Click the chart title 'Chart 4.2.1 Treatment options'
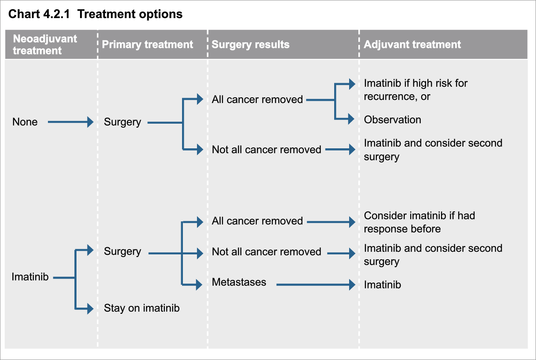pyautogui.click(x=95, y=14)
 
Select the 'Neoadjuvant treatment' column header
pyautogui.click(x=44, y=44)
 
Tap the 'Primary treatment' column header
pyautogui.click(x=147, y=44)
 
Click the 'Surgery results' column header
pyautogui.click(x=250, y=44)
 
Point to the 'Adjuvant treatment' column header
pyautogui.click(x=412, y=44)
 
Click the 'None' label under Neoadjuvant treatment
pyautogui.click(x=25, y=122)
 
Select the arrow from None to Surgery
pyautogui.click(x=70, y=122)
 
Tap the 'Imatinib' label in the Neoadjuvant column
pyautogui.click(x=30, y=277)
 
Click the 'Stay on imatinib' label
pyautogui.click(x=142, y=308)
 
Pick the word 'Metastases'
pyautogui.click(x=239, y=282)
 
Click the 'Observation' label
pyautogui.click(x=392, y=120)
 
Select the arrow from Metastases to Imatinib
pyautogui.click(x=315, y=285)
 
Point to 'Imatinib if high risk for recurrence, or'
pyautogui.click(x=416, y=90)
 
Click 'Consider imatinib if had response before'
pyautogui.click(x=419, y=222)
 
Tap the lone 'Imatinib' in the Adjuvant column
pyautogui.click(x=382, y=285)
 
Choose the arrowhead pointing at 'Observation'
pyautogui.click(x=351, y=119)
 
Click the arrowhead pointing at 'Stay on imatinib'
pyautogui.click(x=90, y=309)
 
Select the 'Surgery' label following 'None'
pyautogui.click(x=122, y=122)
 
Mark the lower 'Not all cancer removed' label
pyautogui.click(x=266, y=252)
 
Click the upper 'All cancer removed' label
pyautogui.click(x=257, y=99)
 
